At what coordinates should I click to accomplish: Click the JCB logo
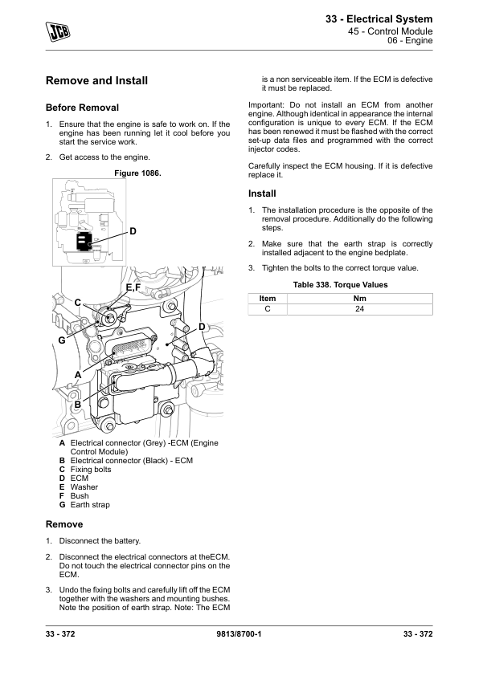pyautogui.click(x=58, y=32)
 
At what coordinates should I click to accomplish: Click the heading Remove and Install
pyautogui.click(x=96, y=80)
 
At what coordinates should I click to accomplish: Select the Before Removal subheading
pyautogui.click(x=82, y=108)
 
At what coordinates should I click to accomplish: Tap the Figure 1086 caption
pyautogui.click(x=137, y=173)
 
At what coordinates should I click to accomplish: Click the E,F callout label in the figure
pyautogui.click(x=133, y=287)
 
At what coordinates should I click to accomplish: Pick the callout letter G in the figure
pyautogui.click(x=62, y=340)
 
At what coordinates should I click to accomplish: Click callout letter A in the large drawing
pyautogui.click(x=78, y=375)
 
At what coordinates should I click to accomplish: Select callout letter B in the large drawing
pyautogui.click(x=78, y=405)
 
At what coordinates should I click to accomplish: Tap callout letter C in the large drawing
pyautogui.click(x=78, y=303)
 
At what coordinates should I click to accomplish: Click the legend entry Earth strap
pyautogui.click(x=90, y=505)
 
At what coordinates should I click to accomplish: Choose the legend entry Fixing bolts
pyautogui.click(x=91, y=470)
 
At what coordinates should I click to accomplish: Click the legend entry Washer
pyautogui.click(x=84, y=487)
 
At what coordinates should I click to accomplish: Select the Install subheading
pyautogui.click(x=262, y=193)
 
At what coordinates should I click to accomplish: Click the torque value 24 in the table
pyautogui.click(x=359, y=309)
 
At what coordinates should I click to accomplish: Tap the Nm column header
pyautogui.click(x=359, y=299)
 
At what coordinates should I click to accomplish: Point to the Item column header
pyautogui.click(x=268, y=299)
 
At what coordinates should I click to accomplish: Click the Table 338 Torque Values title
pyautogui.click(x=341, y=284)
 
